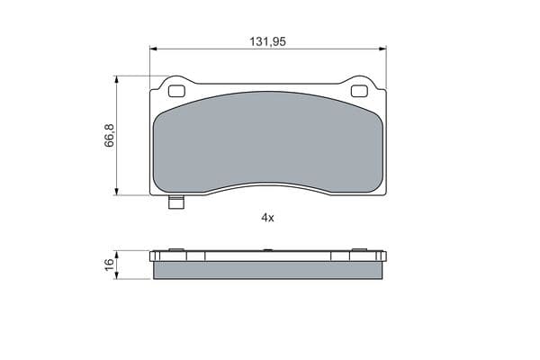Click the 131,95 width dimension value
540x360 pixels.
(x=267, y=41)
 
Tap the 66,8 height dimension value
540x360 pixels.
(x=109, y=135)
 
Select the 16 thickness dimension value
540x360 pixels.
(x=109, y=265)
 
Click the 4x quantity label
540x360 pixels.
(x=267, y=218)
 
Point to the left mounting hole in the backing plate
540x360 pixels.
(x=176, y=91)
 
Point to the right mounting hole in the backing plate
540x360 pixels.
(x=359, y=91)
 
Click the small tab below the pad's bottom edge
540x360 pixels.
(x=176, y=202)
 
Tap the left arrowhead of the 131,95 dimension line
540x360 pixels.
(x=154, y=49)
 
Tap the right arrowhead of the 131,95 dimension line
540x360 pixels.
(x=382, y=49)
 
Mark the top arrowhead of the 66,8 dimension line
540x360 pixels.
(x=116, y=79)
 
